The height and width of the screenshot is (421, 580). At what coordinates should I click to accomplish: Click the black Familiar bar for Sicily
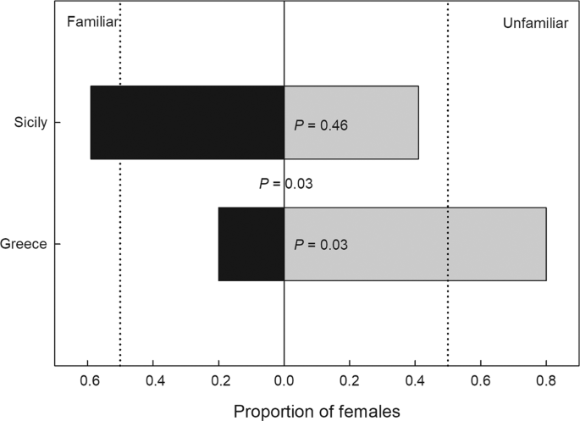[x=186, y=123]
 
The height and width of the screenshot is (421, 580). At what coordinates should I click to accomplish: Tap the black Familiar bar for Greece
[x=251, y=244]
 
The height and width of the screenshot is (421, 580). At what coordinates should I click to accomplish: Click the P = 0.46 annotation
[x=321, y=125]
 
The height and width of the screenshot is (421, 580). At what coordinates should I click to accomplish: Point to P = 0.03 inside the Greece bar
[x=321, y=245]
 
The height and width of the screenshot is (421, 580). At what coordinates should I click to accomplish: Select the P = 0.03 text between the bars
[x=285, y=183]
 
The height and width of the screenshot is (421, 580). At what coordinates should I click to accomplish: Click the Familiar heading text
[x=91, y=19]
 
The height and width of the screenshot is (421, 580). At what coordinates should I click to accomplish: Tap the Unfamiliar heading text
[x=536, y=23]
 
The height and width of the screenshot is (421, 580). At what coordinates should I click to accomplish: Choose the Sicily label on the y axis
[x=31, y=123]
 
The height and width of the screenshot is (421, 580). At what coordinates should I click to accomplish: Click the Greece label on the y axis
[x=23, y=244]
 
